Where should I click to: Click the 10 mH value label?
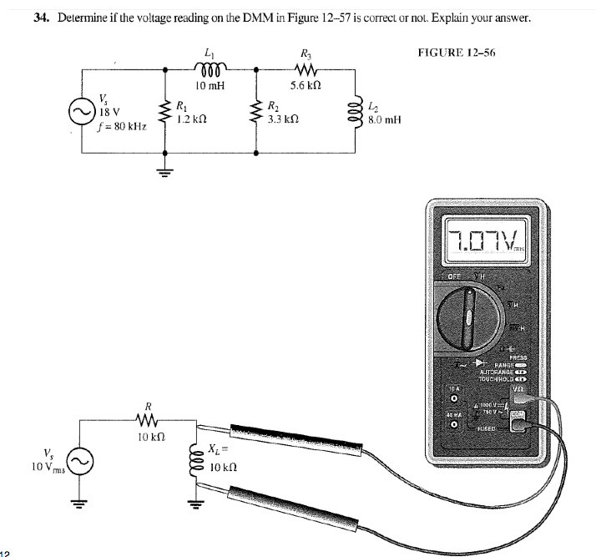tap(205, 85)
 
